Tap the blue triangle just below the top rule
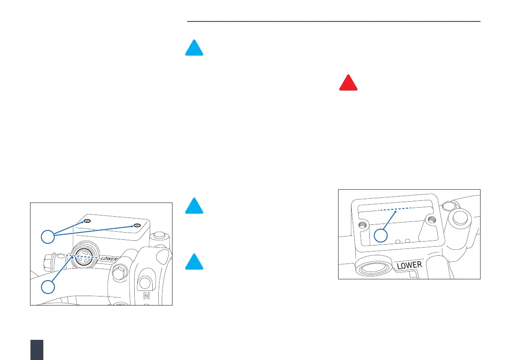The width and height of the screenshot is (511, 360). click(194, 48)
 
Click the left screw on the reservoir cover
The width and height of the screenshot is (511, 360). click(87, 221)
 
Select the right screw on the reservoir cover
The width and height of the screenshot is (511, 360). click(136, 226)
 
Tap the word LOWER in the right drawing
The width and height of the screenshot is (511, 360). click(409, 265)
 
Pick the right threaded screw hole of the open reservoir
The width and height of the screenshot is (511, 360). click(431, 220)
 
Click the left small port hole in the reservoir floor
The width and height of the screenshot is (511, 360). click(398, 242)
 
